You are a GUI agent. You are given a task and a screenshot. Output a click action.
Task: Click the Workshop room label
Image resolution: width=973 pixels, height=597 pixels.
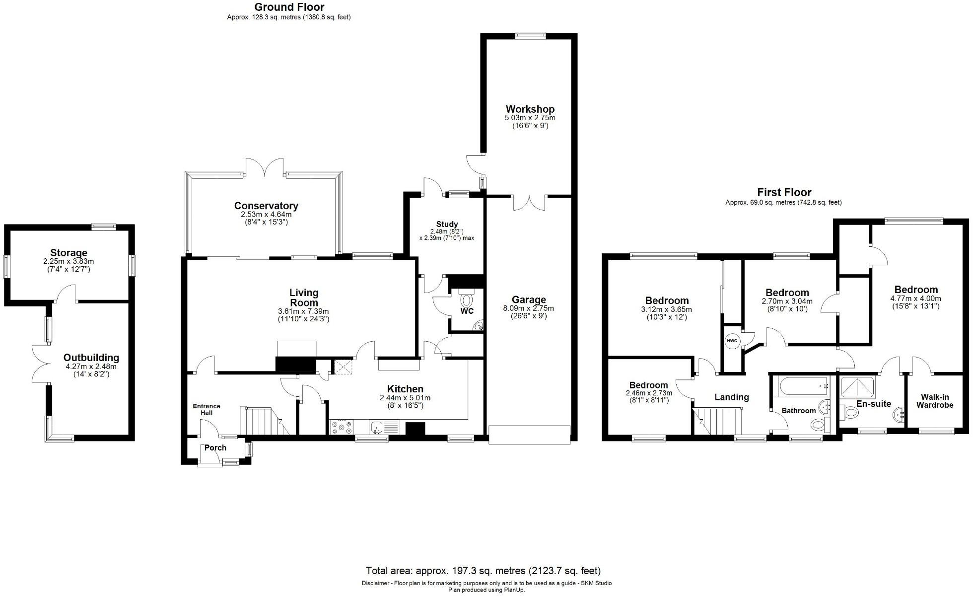pyautogui.click(x=530, y=109)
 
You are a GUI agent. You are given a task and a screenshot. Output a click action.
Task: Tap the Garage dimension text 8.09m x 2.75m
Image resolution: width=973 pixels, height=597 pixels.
pyautogui.click(x=529, y=308)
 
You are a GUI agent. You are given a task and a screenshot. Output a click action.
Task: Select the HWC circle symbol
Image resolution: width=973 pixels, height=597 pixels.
pyautogui.click(x=732, y=341)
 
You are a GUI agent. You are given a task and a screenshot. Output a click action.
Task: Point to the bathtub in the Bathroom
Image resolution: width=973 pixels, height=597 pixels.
pyautogui.click(x=802, y=385)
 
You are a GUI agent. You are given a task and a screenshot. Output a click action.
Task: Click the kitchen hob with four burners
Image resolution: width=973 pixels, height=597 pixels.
pyautogui.click(x=342, y=427)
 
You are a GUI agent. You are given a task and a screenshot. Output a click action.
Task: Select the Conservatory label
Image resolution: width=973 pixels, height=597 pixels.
pyautogui.click(x=266, y=206)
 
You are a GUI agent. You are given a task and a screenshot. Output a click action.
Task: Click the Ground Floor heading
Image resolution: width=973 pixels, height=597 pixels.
pyautogui.click(x=289, y=7)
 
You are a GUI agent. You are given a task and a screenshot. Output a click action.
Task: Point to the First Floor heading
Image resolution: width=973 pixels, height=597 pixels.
pyautogui.click(x=784, y=192)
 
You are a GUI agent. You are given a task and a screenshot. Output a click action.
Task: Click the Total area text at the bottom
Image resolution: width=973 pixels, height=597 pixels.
pyautogui.click(x=483, y=571)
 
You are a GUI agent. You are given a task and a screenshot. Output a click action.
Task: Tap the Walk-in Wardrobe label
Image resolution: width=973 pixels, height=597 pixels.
pyautogui.click(x=935, y=401)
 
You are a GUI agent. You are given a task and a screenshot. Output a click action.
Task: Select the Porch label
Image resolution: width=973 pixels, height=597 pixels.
pyautogui.click(x=215, y=448)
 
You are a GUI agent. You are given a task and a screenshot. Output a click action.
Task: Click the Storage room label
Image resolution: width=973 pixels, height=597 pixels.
pyautogui.click(x=69, y=253)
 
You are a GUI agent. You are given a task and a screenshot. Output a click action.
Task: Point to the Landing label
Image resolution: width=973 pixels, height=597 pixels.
pyautogui.click(x=732, y=397)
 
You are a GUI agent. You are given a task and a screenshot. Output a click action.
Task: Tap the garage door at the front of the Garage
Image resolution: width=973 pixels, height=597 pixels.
pyautogui.click(x=530, y=435)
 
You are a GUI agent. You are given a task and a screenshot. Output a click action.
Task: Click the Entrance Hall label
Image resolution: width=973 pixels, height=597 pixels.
pyautogui.click(x=207, y=409)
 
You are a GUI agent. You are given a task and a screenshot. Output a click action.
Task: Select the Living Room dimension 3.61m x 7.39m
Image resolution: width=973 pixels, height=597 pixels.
pyautogui.click(x=303, y=311)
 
